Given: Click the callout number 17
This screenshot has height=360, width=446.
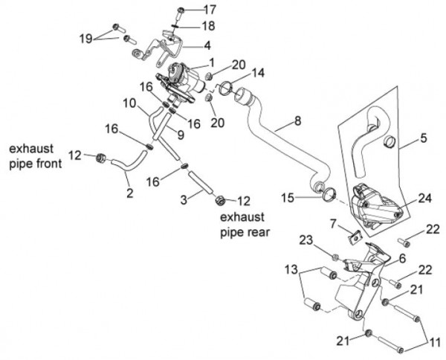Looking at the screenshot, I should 210,10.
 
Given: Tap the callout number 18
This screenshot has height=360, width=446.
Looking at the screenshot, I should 210,26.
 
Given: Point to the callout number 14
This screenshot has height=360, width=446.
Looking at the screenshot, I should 258,73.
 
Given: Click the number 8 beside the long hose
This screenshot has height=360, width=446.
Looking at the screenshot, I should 297,120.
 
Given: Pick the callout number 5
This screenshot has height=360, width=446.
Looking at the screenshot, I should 423,138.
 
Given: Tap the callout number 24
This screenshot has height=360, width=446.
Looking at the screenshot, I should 424,199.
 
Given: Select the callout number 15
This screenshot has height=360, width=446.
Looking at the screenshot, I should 288,198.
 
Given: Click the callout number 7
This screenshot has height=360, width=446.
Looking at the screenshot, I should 334,223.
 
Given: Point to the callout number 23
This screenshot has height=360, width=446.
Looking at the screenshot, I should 306,239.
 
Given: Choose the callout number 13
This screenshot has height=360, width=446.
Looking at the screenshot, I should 291,269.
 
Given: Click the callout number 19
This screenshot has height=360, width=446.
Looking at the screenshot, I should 85,36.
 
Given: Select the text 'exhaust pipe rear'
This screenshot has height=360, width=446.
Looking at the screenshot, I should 245,223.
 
